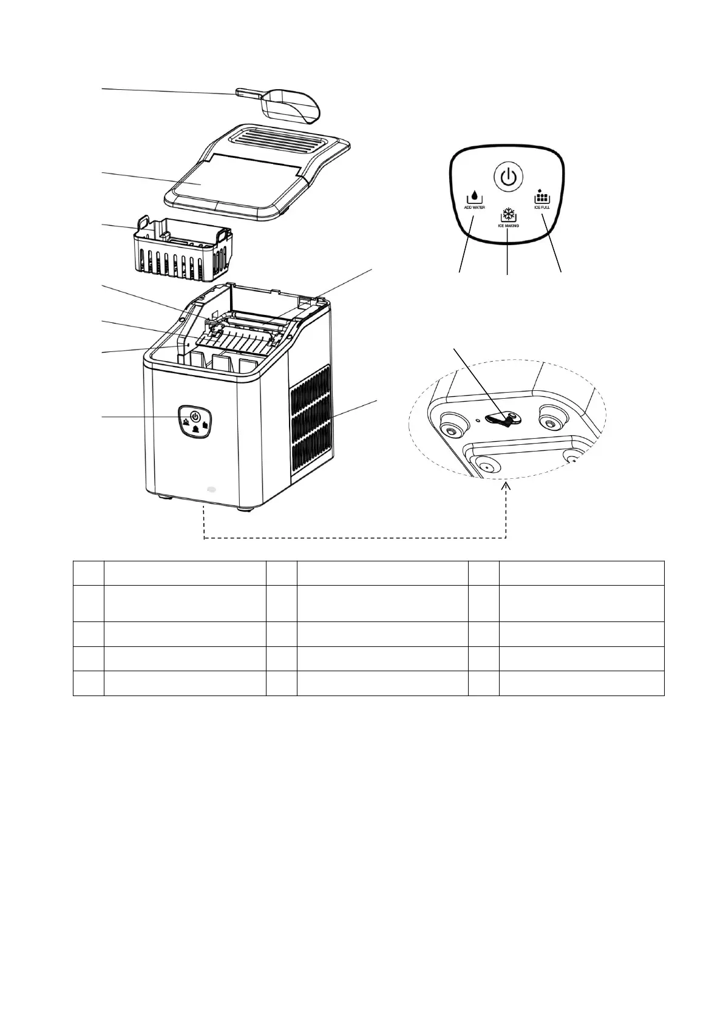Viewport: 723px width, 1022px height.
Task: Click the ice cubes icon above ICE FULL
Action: point(541,196)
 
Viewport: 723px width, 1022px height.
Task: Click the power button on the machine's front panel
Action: point(194,416)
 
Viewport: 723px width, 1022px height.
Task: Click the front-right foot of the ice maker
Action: point(248,508)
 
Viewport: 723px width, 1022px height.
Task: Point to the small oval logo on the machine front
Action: point(211,488)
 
